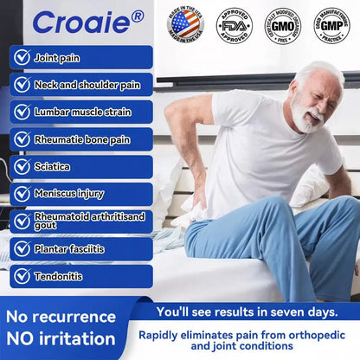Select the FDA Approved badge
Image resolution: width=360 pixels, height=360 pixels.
point(233,24)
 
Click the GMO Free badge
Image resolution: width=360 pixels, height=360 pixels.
point(282,24)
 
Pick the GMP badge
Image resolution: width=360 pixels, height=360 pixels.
point(331,24)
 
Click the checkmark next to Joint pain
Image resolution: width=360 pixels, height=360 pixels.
point(22,57)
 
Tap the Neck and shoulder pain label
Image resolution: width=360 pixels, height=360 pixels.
point(87,85)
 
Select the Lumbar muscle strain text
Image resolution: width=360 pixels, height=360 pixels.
point(82,112)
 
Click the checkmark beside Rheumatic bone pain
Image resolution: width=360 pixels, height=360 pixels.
point(22,138)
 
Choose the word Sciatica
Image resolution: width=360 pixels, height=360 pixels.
point(52,166)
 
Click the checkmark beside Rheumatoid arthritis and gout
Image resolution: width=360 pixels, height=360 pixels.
point(22,221)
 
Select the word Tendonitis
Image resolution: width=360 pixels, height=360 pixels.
point(58,276)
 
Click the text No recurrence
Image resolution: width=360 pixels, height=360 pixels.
point(61,316)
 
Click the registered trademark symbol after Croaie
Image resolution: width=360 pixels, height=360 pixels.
point(136,14)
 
